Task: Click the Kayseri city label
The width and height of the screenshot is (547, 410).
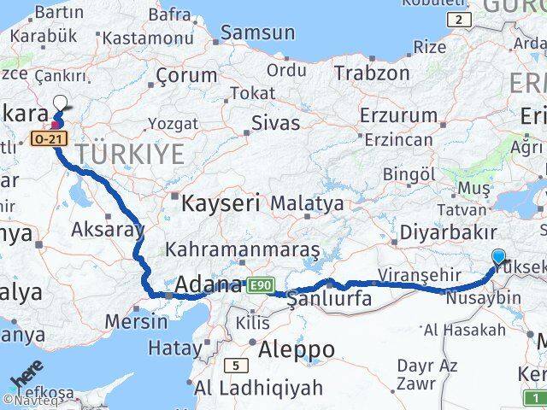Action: tap(220, 203)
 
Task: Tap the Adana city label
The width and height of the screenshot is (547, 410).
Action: tap(210, 285)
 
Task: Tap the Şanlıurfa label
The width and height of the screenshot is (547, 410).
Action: tap(329, 299)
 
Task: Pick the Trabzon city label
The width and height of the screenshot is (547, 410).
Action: tap(372, 73)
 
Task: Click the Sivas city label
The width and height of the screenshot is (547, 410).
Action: tap(275, 122)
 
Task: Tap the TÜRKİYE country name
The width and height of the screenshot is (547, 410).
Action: tap(130, 155)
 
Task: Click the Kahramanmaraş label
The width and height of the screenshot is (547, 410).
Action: tap(243, 249)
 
